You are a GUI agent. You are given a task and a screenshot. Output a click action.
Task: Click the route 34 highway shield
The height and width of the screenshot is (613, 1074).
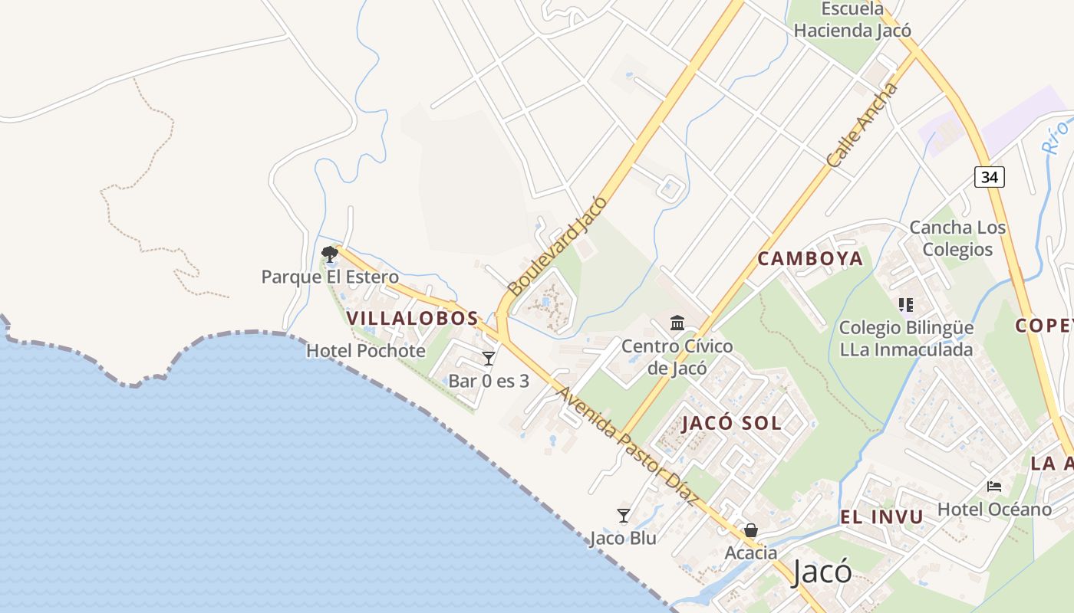tap(990, 177)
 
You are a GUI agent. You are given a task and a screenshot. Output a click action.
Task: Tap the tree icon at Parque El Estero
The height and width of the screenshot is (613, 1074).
tap(330, 254)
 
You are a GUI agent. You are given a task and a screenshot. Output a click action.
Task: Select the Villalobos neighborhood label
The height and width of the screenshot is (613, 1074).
tap(412, 318)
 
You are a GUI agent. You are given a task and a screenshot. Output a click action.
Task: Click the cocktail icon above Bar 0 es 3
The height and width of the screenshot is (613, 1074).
tap(489, 358)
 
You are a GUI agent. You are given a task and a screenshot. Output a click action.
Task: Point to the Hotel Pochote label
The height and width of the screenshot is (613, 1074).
tap(365, 351)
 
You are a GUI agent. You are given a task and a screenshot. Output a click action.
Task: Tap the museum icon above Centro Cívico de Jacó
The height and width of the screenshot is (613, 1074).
tap(677, 323)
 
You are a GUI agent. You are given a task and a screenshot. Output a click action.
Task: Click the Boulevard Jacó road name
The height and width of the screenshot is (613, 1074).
tap(558, 246)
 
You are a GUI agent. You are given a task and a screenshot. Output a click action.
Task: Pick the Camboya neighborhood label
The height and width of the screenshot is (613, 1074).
tap(810, 259)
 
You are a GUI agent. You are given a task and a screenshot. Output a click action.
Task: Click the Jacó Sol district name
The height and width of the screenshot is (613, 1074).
tap(731, 423)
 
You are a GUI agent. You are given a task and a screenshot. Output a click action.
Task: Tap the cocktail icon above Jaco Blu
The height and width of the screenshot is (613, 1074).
tap(623, 516)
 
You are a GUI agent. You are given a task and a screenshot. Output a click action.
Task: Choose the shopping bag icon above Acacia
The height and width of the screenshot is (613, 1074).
tap(750, 530)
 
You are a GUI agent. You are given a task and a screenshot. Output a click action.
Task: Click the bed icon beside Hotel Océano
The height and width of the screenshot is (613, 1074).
tap(994, 486)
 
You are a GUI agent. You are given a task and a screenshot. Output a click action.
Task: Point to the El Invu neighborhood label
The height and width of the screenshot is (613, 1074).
tap(881, 517)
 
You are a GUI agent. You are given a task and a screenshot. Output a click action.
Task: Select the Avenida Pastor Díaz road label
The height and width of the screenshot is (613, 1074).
tap(628, 446)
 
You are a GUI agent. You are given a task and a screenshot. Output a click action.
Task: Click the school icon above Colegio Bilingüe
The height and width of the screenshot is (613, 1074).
tap(905, 305)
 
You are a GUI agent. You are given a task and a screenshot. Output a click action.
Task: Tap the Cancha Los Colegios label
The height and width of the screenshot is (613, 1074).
tap(957, 238)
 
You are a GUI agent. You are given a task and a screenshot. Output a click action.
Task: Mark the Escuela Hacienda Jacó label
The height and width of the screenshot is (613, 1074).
tap(852, 20)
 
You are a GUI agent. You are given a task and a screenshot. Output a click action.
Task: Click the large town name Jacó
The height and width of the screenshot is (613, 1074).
tap(822, 572)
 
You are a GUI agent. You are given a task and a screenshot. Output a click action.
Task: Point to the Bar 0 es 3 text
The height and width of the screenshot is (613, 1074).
tap(489, 381)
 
